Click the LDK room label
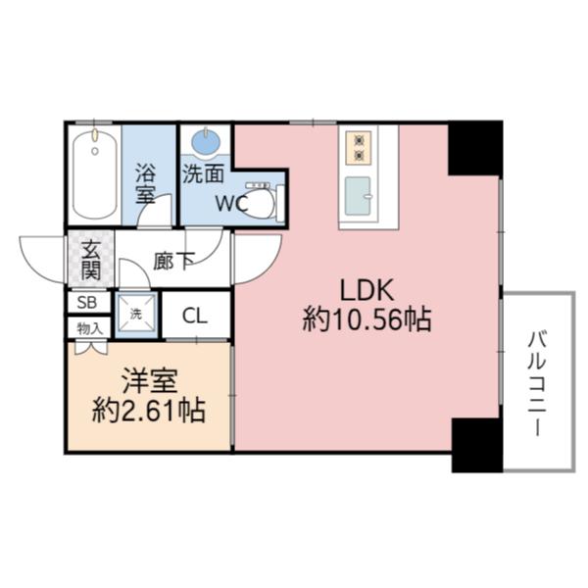(367, 290)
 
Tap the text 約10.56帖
(367, 320)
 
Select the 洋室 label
(149, 380)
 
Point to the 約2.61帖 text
(149, 410)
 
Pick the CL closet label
(195, 317)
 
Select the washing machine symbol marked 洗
(136, 315)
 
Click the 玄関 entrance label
(91, 258)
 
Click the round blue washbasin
(206, 143)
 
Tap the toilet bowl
(260, 202)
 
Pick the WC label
(232, 205)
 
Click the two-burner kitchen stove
(358, 147)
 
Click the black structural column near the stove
(474, 146)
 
